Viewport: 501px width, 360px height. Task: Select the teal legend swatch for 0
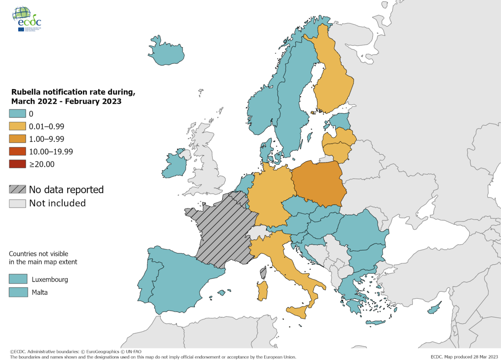coord(17,114)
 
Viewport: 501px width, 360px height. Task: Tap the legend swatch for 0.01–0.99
coord(17,127)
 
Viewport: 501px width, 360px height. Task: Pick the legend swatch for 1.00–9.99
coord(17,139)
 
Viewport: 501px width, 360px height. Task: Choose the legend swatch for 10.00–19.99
coord(17,152)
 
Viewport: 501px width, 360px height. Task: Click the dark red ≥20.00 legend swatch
coord(17,164)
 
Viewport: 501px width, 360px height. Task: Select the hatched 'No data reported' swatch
coord(17,189)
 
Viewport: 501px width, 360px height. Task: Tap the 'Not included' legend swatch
coord(17,203)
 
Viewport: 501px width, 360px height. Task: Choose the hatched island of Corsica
coord(263,273)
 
